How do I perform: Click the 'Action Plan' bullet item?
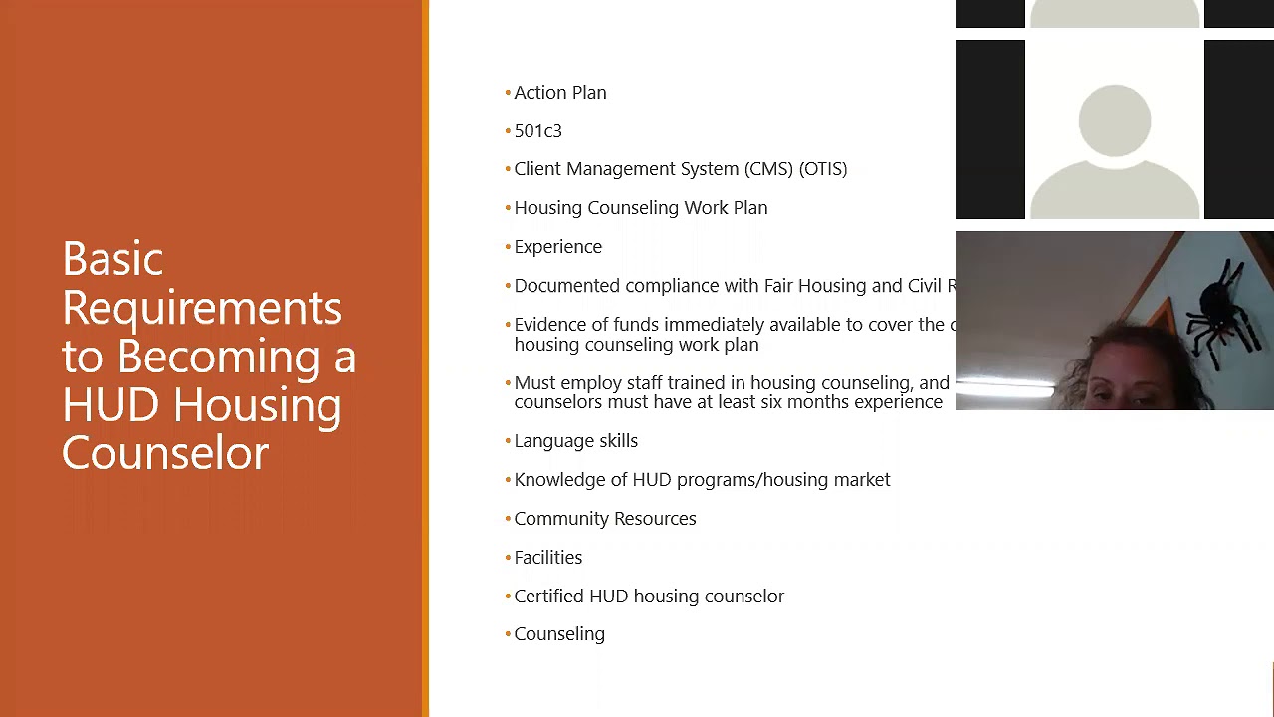pyautogui.click(x=559, y=93)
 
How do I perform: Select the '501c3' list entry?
pyautogui.click(x=537, y=131)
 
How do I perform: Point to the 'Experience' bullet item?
pyautogui.click(x=557, y=247)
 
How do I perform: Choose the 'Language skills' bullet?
pyautogui.click(x=575, y=441)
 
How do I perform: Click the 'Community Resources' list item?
pyautogui.click(x=604, y=519)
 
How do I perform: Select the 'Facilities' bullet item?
pyautogui.click(x=547, y=558)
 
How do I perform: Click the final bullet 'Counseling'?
pyautogui.click(x=559, y=634)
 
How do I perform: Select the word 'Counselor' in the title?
pyautogui.click(x=165, y=453)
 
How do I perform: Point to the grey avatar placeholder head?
pyautogui.click(x=1114, y=120)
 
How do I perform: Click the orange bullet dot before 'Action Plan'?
pyautogui.click(x=508, y=93)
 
